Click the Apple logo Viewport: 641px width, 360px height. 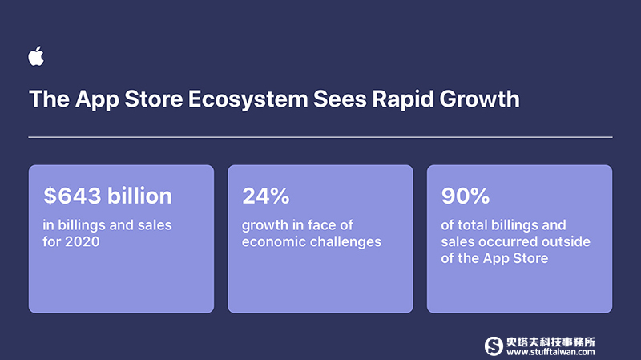point(36,55)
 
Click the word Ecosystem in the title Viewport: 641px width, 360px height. point(248,99)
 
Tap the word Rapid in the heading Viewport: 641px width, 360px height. point(403,99)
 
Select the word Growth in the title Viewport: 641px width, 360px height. point(479,99)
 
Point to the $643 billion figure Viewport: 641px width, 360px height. point(108,196)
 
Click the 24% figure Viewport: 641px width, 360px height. point(266,196)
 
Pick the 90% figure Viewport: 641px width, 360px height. point(466,196)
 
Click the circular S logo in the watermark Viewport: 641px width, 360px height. point(494,346)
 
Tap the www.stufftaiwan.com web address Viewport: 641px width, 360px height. point(550,352)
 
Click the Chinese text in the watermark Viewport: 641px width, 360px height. point(550,342)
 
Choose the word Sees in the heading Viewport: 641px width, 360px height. point(340,99)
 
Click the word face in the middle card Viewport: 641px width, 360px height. point(323,225)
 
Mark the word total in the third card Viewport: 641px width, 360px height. point(473,225)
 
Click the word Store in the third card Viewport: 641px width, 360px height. point(530,258)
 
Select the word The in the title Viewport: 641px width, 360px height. point(49,99)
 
